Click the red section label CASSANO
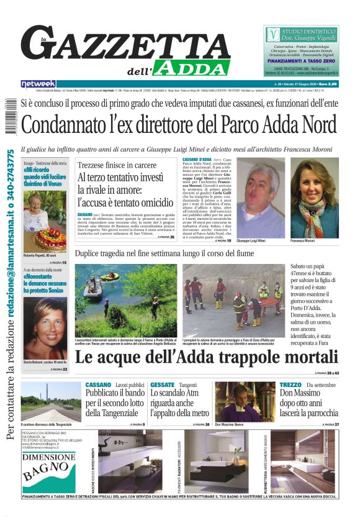coord(98,385)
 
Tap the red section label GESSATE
coord(163,385)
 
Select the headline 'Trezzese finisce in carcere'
coord(117,165)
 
